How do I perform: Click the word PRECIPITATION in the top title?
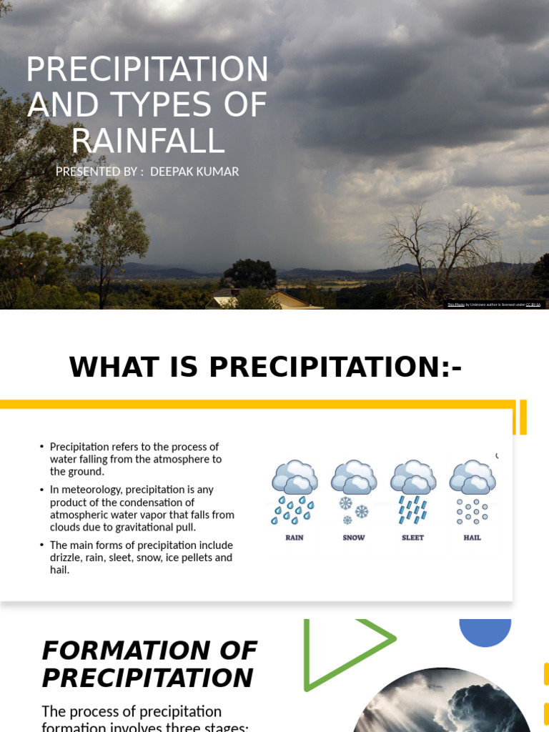click(147, 70)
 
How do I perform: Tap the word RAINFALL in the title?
click(148, 141)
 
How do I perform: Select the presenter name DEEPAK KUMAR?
click(194, 172)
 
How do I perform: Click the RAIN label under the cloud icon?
click(294, 538)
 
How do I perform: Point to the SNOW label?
click(354, 538)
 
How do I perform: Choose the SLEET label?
click(412, 538)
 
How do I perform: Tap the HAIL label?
click(472, 538)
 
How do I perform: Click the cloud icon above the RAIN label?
click(295, 478)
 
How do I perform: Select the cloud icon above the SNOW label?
click(353, 478)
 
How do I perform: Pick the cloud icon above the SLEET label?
click(413, 478)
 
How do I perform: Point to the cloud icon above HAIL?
click(472, 478)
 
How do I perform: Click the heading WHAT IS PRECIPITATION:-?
click(265, 367)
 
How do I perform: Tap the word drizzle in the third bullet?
click(66, 558)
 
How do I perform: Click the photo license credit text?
click(494, 305)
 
